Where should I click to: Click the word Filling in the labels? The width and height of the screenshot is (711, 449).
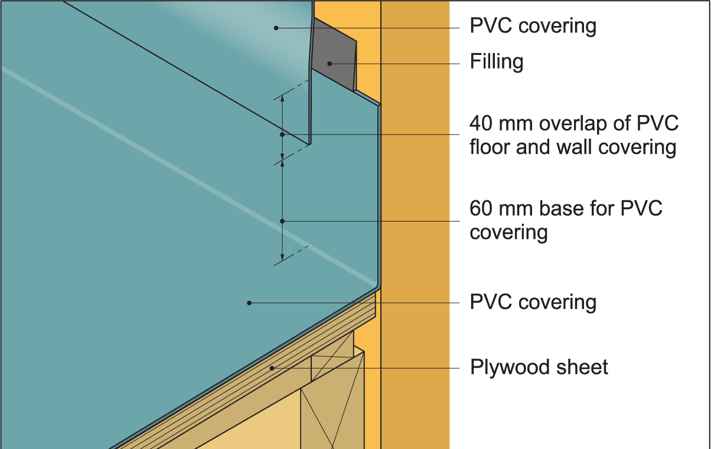click(496, 61)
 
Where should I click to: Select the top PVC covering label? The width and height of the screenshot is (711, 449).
click(533, 26)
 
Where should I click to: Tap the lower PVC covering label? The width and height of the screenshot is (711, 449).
click(533, 302)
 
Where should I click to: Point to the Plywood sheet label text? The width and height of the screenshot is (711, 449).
click(539, 367)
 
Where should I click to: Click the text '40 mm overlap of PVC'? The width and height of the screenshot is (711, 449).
click(574, 123)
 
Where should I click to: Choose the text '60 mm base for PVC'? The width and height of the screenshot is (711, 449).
click(566, 209)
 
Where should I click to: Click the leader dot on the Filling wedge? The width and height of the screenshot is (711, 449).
click(331, 63)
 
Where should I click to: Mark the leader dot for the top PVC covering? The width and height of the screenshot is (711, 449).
click(276, 28)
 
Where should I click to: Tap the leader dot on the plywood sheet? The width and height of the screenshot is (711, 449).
click(272, 368)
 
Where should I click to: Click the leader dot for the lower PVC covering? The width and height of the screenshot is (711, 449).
click(249, 302)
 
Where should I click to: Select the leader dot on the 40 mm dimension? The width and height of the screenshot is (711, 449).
click(282, 135)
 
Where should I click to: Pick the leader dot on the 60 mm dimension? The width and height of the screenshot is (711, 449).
click(282, 221)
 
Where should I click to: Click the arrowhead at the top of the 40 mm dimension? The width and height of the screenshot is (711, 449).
click(282, 99)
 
